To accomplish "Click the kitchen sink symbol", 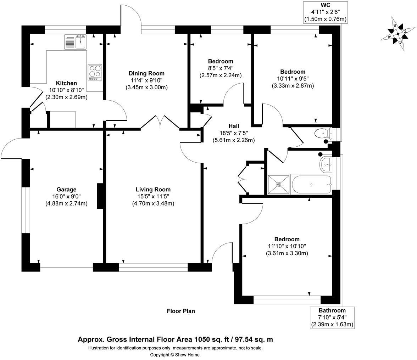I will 76,42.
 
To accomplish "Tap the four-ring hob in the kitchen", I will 95,72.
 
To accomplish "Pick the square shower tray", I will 279,184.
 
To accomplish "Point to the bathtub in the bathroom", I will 311,184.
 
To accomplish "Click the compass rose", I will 397,34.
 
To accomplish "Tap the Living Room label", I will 153,190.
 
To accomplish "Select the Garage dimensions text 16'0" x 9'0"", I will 66,196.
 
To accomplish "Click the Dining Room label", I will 146,73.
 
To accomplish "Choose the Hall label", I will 234,126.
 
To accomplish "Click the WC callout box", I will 325,12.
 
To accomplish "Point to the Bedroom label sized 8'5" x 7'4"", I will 221,61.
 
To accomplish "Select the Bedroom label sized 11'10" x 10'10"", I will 287,239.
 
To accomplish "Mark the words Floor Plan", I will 181,311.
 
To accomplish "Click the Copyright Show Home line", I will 175,355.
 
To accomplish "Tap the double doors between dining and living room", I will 160,122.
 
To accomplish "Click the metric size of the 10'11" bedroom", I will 293,86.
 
